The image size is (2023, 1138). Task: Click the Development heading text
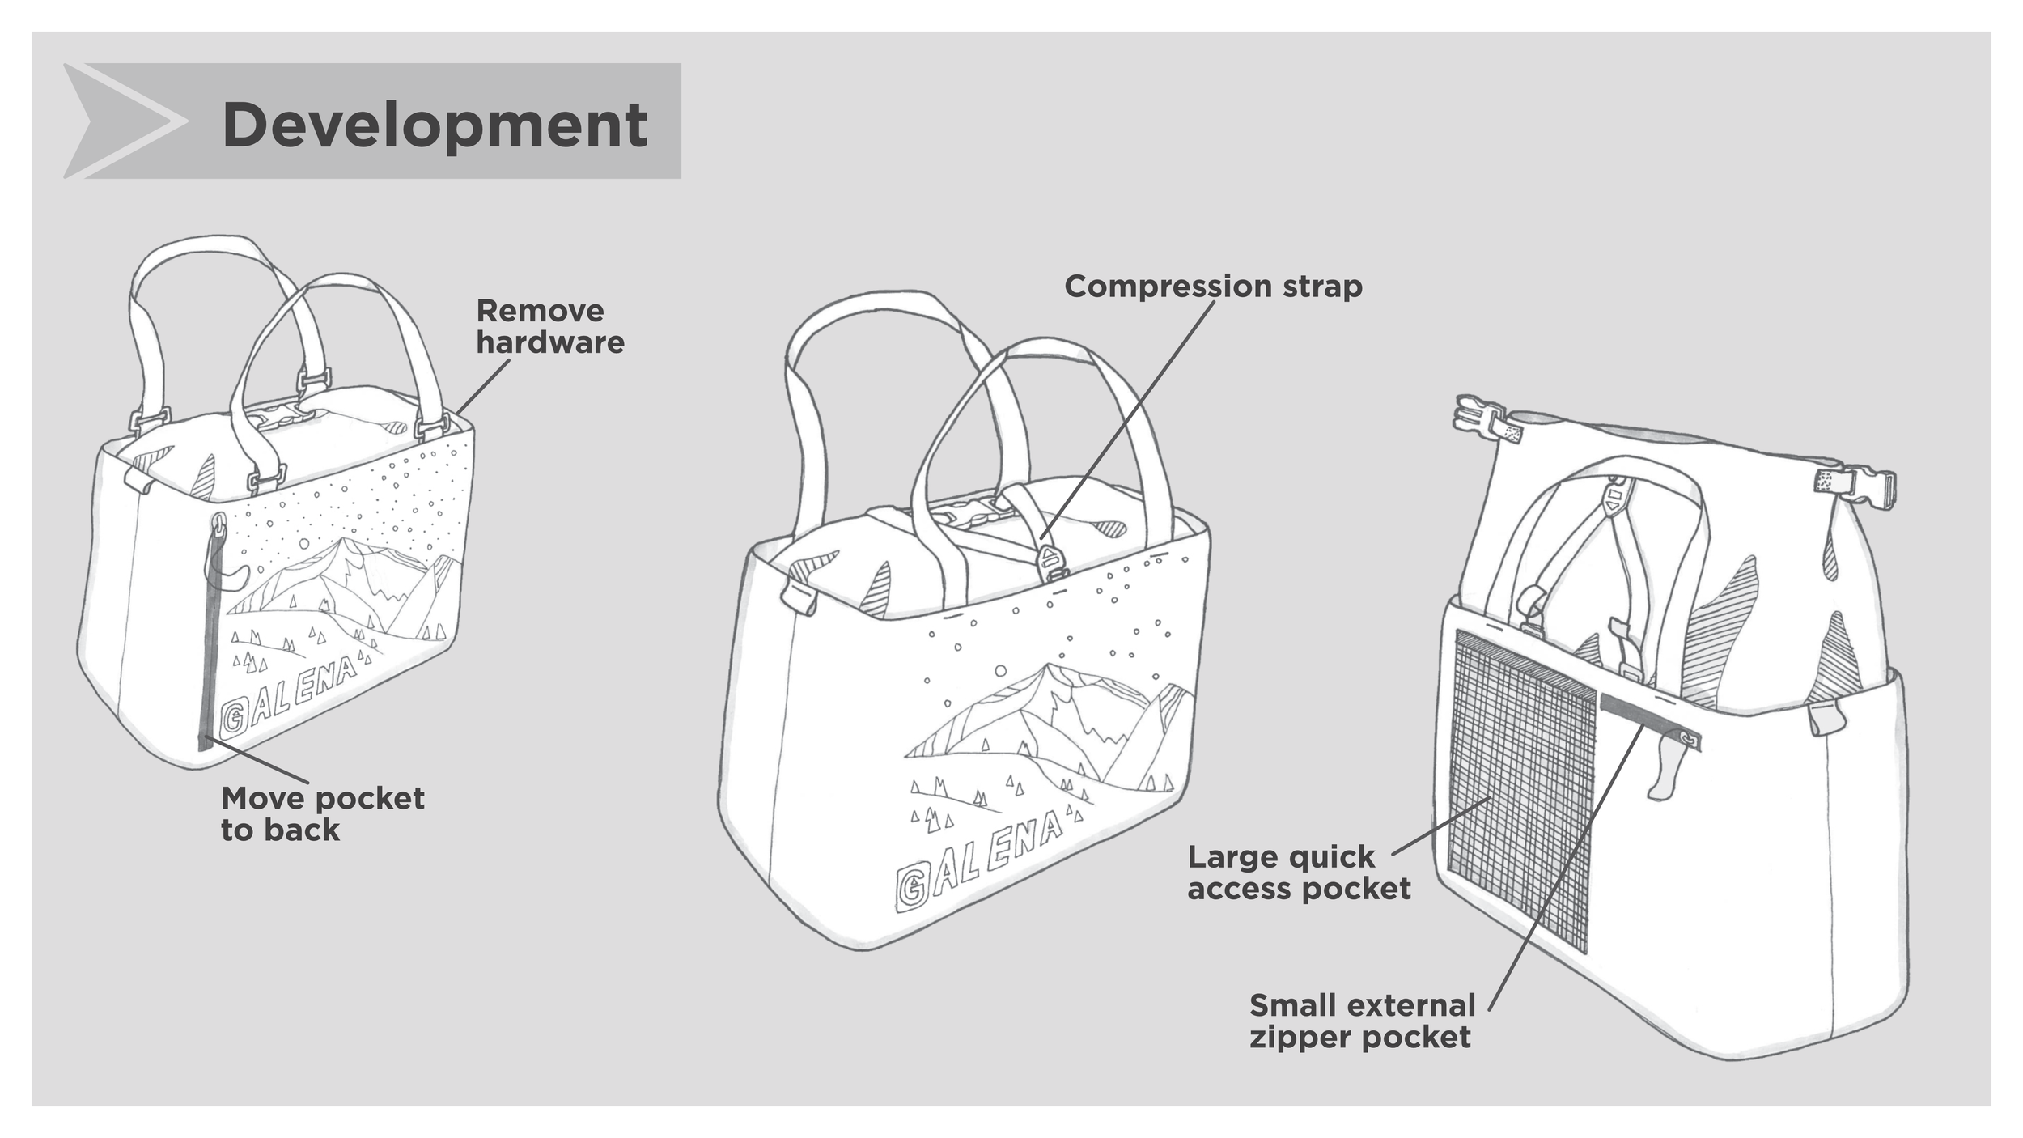click(435, 125)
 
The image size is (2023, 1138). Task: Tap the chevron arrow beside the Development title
click(125, 121)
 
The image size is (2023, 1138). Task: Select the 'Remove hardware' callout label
click(549, 326)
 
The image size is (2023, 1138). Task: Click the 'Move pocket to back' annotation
click(322, 813)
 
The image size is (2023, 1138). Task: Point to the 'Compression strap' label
click(1212, 287)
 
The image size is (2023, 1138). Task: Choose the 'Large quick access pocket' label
click(1298, 873)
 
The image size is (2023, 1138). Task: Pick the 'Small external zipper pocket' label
click(1362, 1021)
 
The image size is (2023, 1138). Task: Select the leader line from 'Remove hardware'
click(482, 387)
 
